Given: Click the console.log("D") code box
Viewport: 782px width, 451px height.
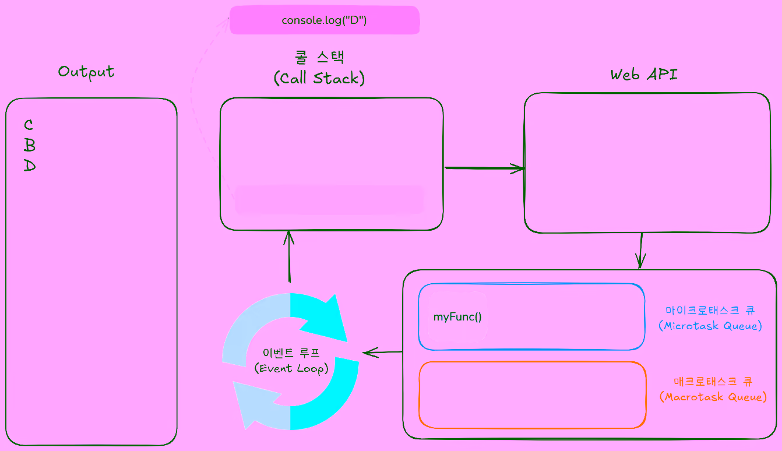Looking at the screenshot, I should [x=324, y=20].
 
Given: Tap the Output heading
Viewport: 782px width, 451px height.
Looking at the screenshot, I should [x=86, y=72].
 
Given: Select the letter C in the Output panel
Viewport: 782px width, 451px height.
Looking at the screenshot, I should [x=29, y=125].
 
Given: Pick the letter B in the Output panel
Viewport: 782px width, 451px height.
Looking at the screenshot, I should [x=30, y=145].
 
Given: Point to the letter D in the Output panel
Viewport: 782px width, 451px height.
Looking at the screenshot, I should [x=30, y=166].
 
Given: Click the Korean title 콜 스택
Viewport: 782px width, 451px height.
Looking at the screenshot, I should [x=319, y=57].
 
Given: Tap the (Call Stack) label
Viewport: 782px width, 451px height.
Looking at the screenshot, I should [x=319, y=79].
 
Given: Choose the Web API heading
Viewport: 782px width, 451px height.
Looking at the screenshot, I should [x=644, y=75].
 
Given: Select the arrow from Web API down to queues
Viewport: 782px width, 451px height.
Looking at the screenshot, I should [x=640, y=251].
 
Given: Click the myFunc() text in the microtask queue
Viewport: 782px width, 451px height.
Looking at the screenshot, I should [x=457, y=318].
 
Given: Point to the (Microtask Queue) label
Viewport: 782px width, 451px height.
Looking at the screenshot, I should [x=710, y=326].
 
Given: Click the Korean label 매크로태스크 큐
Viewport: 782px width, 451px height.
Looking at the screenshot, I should [x=713, y=382].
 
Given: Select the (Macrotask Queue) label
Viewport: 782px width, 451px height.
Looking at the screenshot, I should [x=713, y=397].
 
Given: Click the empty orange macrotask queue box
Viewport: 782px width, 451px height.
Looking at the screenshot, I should [x=532, y=395].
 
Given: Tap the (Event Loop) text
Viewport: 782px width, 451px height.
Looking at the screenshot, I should [x=291, y=369].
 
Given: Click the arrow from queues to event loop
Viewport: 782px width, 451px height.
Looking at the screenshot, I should [x=382, y=352].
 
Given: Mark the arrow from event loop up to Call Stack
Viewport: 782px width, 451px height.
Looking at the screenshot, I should [x=288, y=256].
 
